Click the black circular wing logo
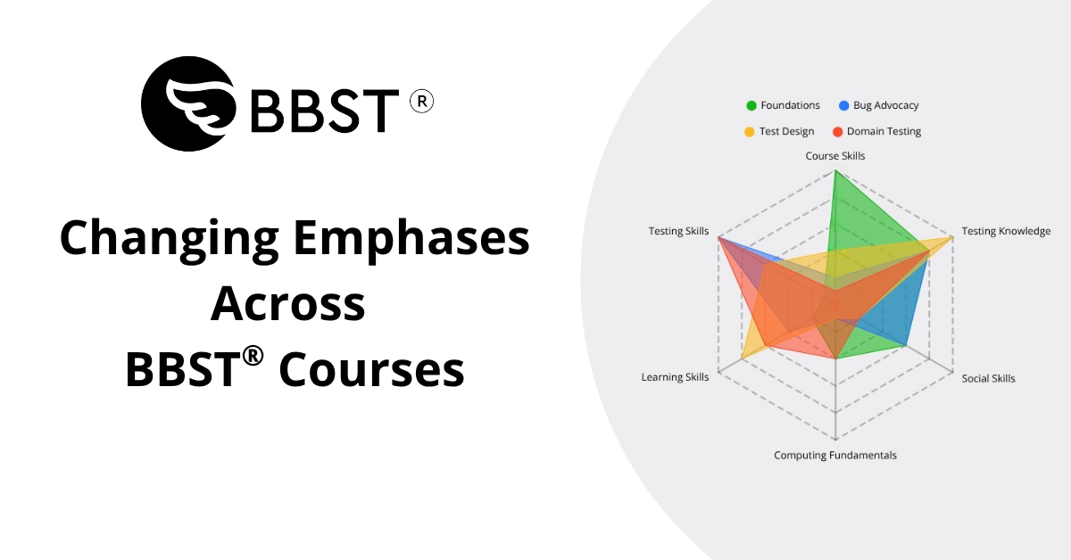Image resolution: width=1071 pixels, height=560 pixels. pos(188,103)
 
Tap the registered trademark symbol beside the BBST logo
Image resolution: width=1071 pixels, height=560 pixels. pos(421,102)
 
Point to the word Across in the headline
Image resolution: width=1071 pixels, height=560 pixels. pos(288,304)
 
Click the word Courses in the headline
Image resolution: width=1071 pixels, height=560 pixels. pos(371,369)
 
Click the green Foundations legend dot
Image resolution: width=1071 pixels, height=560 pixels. pos(751,105)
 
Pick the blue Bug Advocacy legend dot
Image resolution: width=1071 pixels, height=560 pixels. pos(844,105)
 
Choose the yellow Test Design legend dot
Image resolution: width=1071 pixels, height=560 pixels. pos(749,132)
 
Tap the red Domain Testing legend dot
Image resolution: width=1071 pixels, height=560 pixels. pos(837,132)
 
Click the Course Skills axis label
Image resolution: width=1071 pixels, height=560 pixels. pos(835,156)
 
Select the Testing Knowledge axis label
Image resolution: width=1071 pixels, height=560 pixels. pos(1006,231)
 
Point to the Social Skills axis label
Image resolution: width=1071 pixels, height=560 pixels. pos(988,378)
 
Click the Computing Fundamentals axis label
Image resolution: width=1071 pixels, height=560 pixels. pos(835,456)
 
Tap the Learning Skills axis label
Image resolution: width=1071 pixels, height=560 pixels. pos(675,377)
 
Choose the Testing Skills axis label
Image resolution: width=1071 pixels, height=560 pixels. pos(678,231)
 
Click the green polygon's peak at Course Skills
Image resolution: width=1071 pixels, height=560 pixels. pos(835,170)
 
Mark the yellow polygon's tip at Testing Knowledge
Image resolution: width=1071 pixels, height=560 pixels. pos(952,237)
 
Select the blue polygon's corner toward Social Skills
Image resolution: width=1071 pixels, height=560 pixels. pos(906,345)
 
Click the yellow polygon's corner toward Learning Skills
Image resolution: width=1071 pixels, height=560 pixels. pos(742,358)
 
